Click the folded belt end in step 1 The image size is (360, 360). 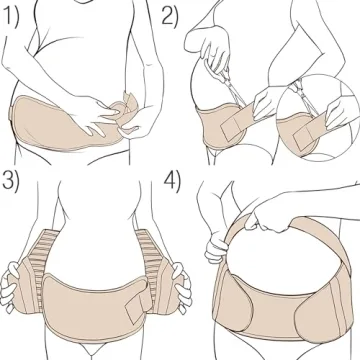click(127, 108)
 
